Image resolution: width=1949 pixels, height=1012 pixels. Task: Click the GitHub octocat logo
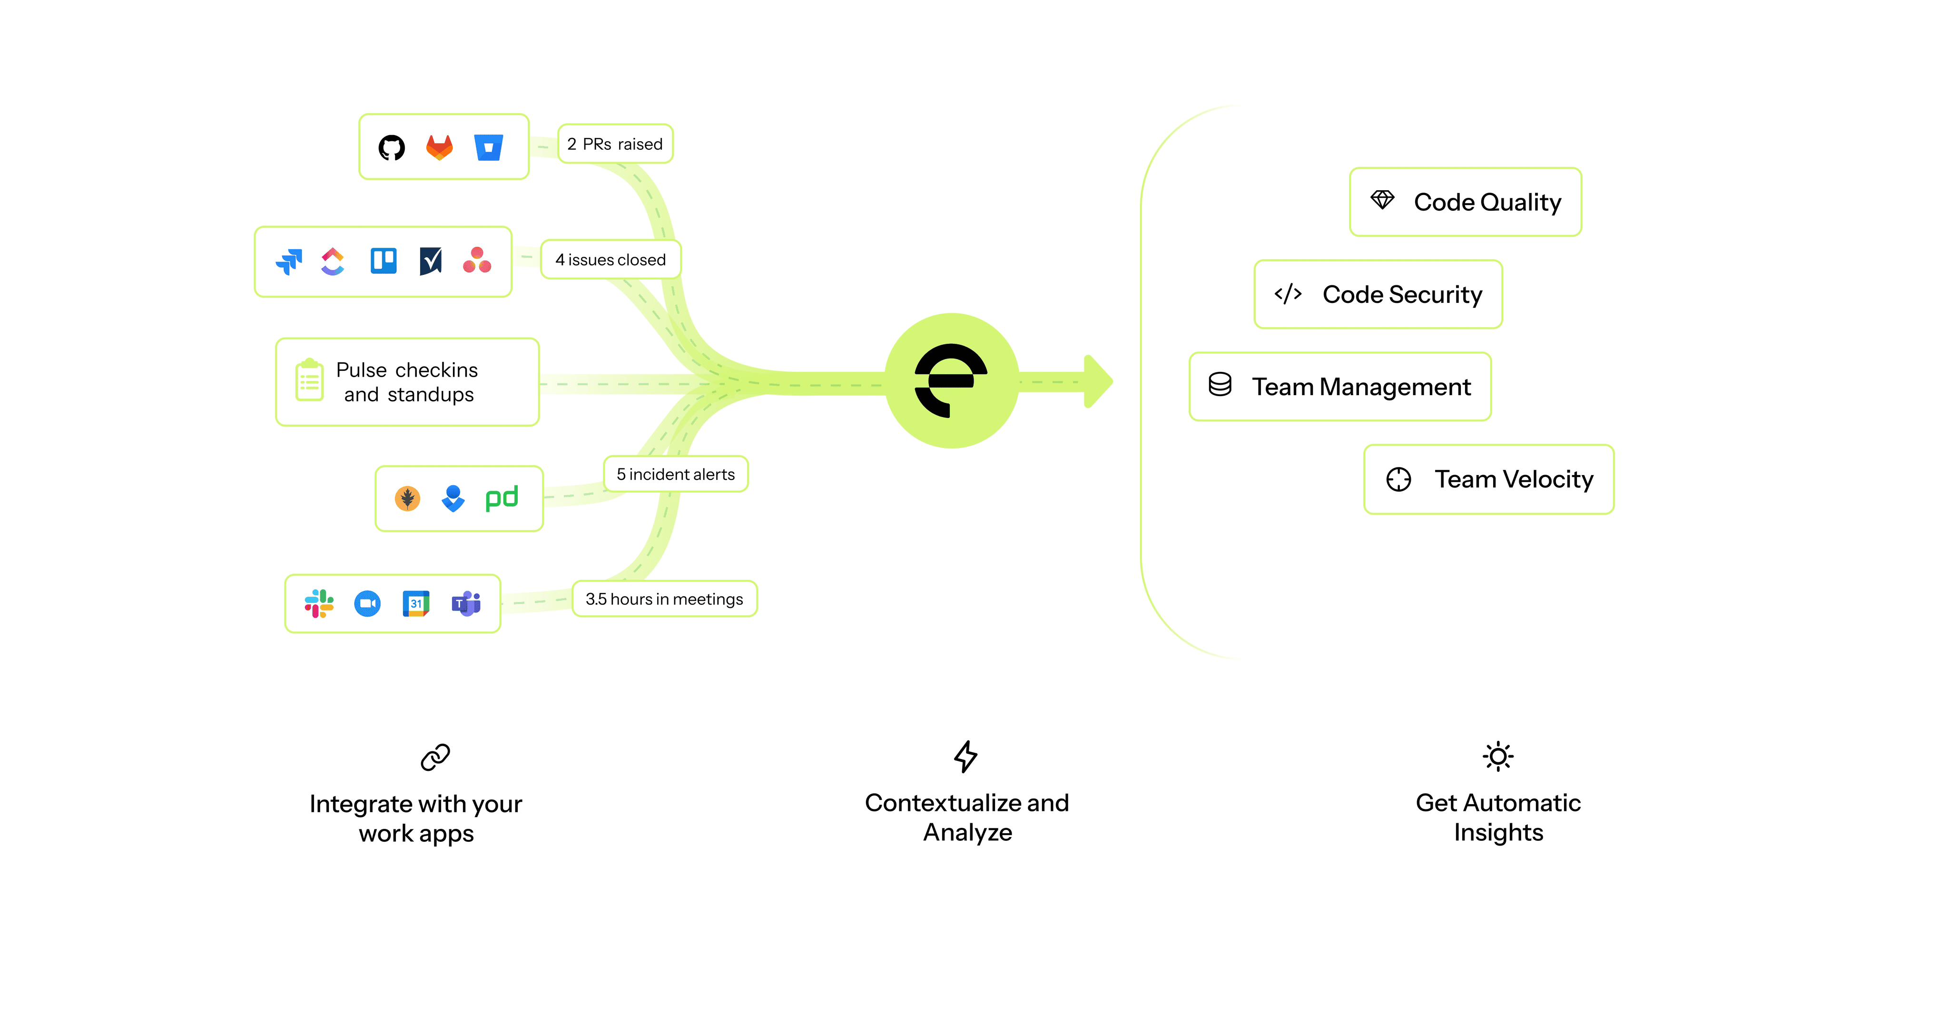click(391, 147)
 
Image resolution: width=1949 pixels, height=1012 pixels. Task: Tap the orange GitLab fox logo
click(440, 147)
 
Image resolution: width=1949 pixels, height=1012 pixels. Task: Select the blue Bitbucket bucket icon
click(488, 147)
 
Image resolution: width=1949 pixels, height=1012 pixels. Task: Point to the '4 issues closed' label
click(610, 260)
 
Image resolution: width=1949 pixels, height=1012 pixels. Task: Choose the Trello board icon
click(384, 261)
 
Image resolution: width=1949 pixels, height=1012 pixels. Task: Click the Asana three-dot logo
click(477, 261)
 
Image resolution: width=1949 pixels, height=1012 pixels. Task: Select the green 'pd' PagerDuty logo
click(502, 498)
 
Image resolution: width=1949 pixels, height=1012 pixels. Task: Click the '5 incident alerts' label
click(676, 474)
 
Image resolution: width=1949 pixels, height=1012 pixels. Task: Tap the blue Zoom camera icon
click(368, 603)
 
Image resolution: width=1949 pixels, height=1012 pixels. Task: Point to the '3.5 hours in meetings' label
click(664, 599)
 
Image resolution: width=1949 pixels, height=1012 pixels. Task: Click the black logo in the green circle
click(951, 380)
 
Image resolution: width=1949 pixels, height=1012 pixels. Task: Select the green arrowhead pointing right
click(1098, 381)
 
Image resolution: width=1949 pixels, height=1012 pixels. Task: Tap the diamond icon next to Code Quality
click(1382, 200)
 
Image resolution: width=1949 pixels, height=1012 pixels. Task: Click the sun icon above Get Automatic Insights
click(1498, 756)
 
